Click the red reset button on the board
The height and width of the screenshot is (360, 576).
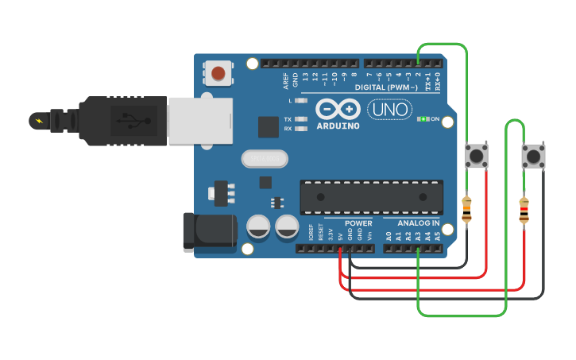point(218,74)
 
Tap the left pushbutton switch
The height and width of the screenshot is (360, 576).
point(477,154)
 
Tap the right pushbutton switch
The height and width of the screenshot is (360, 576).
point(533,156)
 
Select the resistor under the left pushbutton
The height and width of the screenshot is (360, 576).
point(466,209)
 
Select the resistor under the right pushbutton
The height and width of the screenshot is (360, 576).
point(524,210)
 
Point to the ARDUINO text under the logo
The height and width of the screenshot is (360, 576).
point(338,126)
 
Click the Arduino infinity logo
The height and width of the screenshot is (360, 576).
point(338,109)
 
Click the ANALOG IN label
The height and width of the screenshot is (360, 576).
point(412,223)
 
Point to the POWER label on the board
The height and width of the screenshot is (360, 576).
point(358,223)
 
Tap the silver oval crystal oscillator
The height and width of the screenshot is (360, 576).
point(264,159)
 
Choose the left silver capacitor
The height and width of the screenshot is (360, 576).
point(259,226)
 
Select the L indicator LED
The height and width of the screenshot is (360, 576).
point(300,101)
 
